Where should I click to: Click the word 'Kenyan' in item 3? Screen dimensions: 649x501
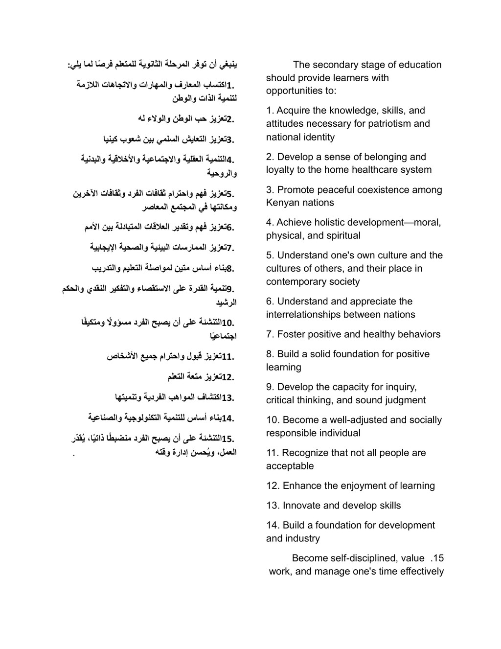pos(283,203)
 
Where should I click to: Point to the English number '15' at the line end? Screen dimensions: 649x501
pos(438,558)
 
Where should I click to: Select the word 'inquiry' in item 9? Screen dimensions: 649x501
pos(400,387)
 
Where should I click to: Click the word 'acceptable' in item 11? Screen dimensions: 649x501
pos(290,466)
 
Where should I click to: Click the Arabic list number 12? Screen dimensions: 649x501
pos(228,377)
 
